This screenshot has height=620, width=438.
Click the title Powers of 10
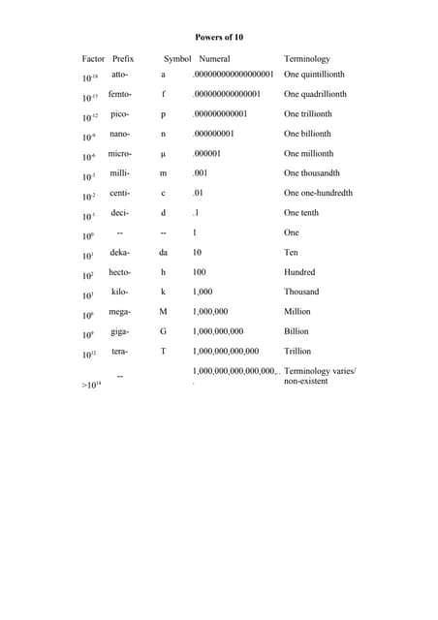219,37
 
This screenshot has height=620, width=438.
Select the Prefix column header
123,59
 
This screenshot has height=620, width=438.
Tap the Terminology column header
307,59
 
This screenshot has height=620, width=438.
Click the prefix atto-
120,74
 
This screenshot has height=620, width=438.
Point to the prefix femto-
120,94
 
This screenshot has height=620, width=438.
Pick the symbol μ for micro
163,154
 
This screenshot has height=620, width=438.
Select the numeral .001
201,173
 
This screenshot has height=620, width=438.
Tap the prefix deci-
120,212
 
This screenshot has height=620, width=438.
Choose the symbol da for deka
163,252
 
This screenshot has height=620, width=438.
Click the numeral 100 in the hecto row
200,272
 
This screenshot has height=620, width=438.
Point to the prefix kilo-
120,291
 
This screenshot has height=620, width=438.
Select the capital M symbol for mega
163,312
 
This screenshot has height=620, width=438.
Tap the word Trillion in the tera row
297,351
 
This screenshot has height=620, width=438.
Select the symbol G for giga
163,331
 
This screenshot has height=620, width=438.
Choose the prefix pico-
120,113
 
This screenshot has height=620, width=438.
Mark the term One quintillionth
317,74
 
